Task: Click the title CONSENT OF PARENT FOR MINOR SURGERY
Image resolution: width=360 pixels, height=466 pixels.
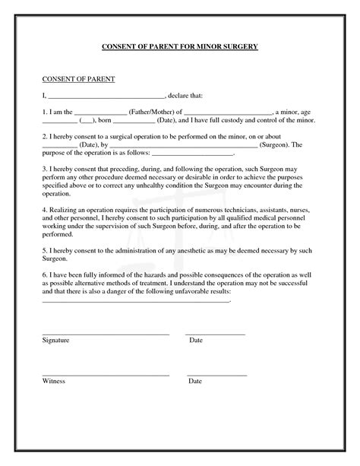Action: [x=180, y=47]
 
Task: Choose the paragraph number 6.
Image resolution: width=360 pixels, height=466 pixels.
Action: [x=43, y=274]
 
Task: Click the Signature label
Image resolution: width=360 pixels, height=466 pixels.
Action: [x=55, y=341]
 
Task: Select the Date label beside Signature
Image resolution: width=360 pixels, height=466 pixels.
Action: [x=196, y=341]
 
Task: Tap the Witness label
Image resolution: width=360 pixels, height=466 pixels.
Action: [x=54, y=381]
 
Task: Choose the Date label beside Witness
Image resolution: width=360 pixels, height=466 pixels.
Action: [x=196, y=381]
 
